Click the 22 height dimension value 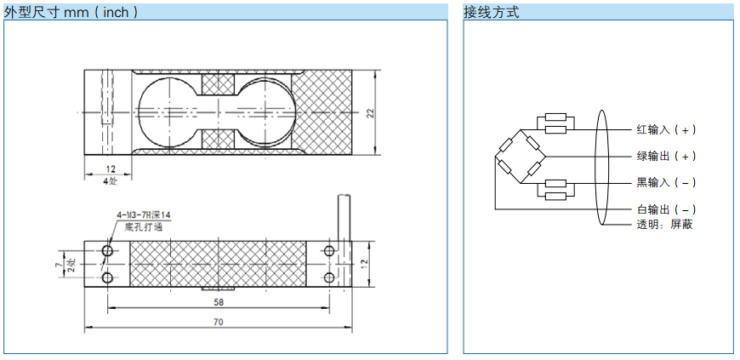pyautogui.click(x=371, y=112)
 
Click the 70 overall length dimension pyautogui.click(x=219, y=323)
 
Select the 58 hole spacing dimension pyautogui.click(x=219, y=302)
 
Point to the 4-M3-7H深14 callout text pyautogui.click(x=144, y=216)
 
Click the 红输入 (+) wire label pyautogui.click(x=666, y=130)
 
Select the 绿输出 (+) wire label pyautogui.click(x=666, y=157)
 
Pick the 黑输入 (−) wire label pyautogui.click(x=666, y=183)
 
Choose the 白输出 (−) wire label pyautogui.click(x=666, y=209)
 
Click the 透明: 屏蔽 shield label pyautogui.click(x=664, y=225)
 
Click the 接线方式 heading pyautogui.click(x=492, y=12)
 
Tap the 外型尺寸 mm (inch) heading pyautogui.click(x=71, y=12)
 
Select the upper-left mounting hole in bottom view pyautogui.click(x=108, y=250)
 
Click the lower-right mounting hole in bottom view pyautogui.click(x=329, y=277)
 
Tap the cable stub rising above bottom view pyautogui.click(x=344, y=217)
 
